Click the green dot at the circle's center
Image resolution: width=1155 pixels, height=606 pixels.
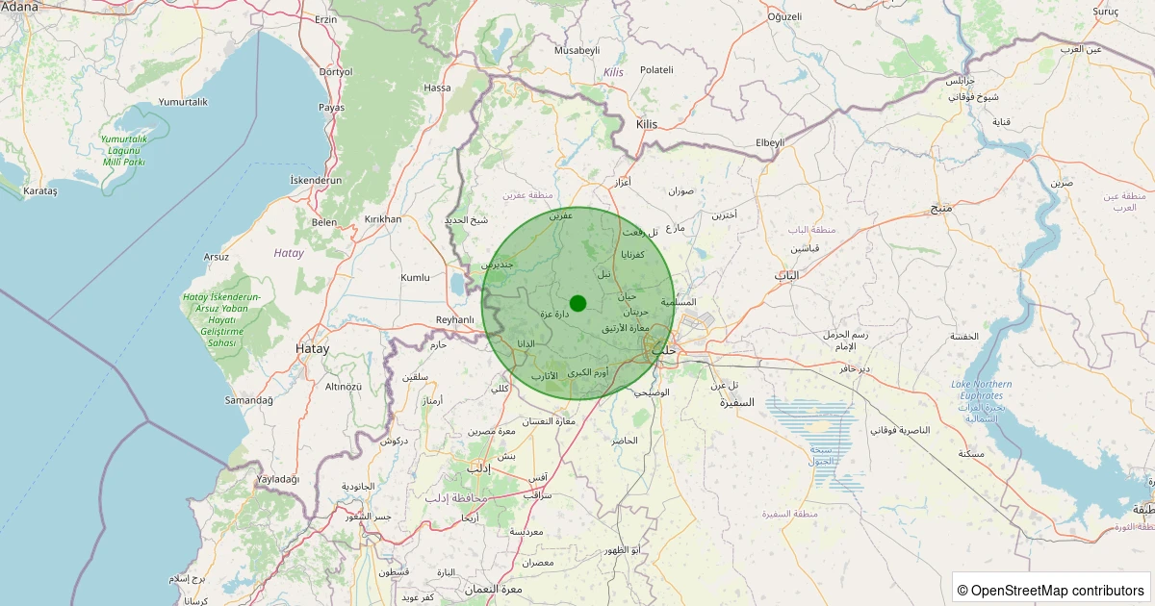point(577,303)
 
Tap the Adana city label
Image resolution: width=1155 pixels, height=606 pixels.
point(19,7)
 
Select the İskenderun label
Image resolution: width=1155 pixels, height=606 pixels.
point(316,180)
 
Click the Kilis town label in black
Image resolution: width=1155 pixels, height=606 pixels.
point(647,124)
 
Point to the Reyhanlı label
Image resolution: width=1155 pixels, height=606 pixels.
point(455,319)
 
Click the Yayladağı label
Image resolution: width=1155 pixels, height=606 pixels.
point(278,479)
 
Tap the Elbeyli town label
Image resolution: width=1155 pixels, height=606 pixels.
point(770,142)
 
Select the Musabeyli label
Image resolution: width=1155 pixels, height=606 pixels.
point(577,50)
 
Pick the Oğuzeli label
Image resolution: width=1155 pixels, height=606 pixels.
point(784,16)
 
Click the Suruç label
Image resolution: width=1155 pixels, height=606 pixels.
point(1105,11)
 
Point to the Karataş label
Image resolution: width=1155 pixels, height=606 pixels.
point(40,191)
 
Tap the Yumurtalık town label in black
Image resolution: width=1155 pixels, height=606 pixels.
point(183,102)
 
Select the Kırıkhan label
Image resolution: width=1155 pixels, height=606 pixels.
point(383,219)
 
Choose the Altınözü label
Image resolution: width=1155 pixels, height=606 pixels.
point(343,386)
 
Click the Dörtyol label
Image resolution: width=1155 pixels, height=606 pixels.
point(336,72)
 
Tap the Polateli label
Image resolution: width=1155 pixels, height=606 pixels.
point(656,70)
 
